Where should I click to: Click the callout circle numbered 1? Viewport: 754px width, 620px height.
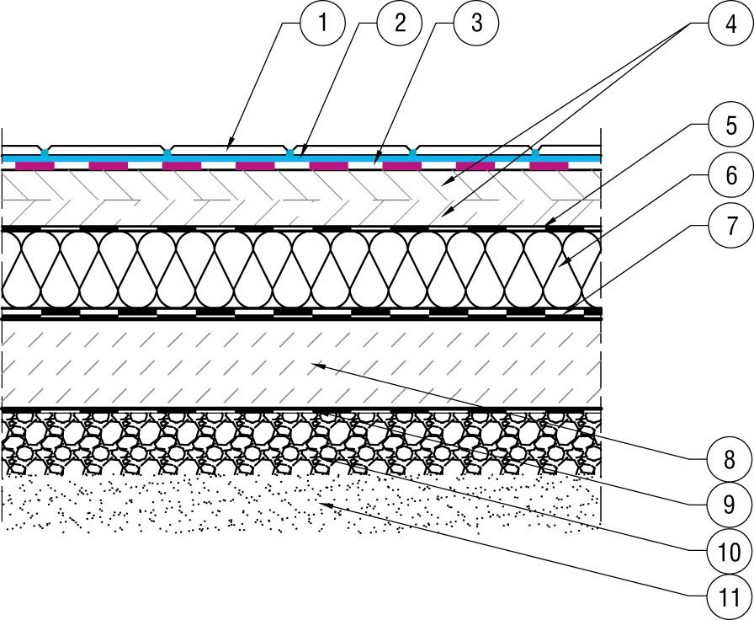pyautogui.click(x=322, y=23)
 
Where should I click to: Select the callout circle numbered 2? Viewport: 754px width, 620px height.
pyautogui.click(x=400, y=23)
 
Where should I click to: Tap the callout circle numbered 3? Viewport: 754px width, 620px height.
pyautogui.click(x=476, y=23)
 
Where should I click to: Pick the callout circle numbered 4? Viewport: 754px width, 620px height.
pyautogui.click(x=731, y=23)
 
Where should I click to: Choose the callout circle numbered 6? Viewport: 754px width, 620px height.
pyautogui.click(x=731, y=174)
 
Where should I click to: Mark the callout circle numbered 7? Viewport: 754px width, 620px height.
pyautogui.click(x=731, y=225)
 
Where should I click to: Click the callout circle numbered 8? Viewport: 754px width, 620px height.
pyautogui.click(x=730, y=460)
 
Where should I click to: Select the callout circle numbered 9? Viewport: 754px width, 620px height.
pyautogui.click(x=730, y=505)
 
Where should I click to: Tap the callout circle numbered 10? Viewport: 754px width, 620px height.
pyautogui.click(x=730, y=552)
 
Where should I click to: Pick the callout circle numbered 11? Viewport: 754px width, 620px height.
pyautogui.click(x=730, y=597)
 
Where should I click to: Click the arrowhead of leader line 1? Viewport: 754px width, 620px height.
pyautogui.click(x=231, y=142)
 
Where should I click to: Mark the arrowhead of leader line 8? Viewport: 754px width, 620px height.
pyautogui.click(x=318, y=366)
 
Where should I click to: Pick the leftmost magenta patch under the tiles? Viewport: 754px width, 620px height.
pyautogui.click(x=35, y=166)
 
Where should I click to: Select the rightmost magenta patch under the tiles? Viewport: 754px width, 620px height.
pyautogui.click(x=549, y=166)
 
